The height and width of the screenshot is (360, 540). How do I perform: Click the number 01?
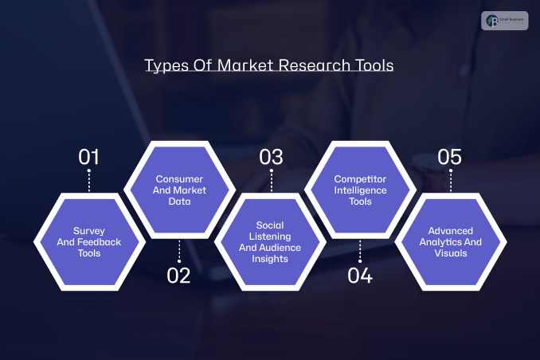pos(88,156)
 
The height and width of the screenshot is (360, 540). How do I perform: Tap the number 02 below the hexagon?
pos(179,276)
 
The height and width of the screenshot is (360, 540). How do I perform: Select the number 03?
pos(271,156)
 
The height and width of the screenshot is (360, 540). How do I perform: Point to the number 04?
pos(360,276)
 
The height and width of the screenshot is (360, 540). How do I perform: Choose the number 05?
pos(450,156)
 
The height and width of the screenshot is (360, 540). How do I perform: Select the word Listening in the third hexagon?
pos(270,236)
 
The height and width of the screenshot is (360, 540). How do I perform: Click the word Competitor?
pos(360,179)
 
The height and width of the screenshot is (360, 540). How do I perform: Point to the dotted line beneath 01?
pos(88,181)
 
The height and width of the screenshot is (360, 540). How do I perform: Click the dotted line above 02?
pos(179,250)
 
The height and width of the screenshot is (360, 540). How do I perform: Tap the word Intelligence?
pos(360,190)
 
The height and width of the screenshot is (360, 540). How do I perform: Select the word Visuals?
pos(451,253)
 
